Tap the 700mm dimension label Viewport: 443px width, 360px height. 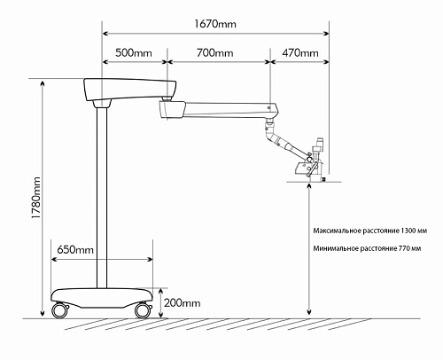pos(215,53)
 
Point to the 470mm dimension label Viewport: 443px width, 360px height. pos(299,53)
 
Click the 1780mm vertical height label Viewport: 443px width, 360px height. pos(35,199)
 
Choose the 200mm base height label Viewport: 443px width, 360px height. pos(183,302)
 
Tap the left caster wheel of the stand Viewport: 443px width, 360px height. pos(61,311)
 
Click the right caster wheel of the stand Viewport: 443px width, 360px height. pos(142,310)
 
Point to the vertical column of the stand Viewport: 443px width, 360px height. pos(103,195)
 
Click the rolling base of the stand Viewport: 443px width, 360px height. pos(102,296)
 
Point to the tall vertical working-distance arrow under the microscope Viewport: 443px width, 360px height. pos(307,248)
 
